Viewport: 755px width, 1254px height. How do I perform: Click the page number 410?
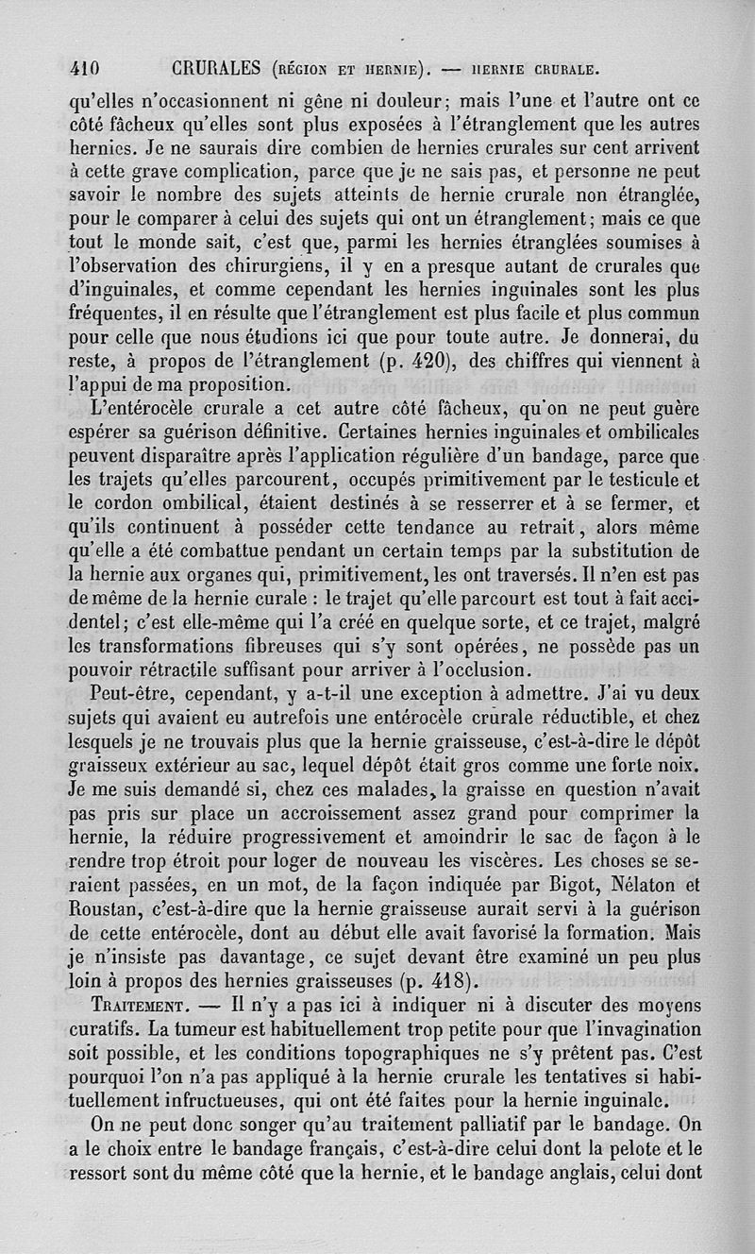pyautogui.click(x=86, y=68)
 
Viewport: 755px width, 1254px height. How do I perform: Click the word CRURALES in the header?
pyautogui.click(x=216, y=68)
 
